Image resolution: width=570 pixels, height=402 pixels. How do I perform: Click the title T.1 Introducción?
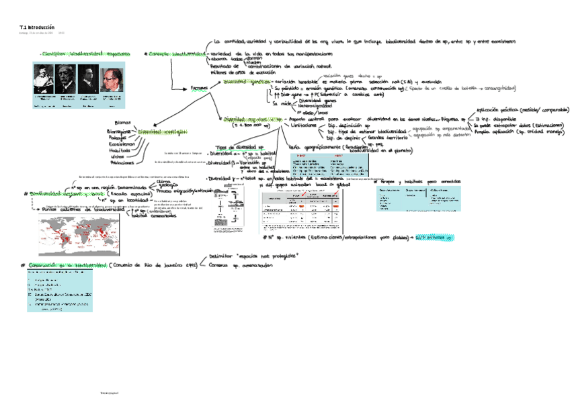tap(36, 27)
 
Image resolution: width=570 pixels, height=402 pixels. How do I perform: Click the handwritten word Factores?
tap(199, 88)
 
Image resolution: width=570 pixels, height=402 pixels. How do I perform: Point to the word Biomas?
tap(123, 123)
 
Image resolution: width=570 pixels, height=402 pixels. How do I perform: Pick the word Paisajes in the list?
tap(120, 138)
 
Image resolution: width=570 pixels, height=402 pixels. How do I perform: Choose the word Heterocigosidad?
tap(317, 106)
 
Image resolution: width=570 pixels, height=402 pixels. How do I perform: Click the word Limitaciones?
tap(303, 125)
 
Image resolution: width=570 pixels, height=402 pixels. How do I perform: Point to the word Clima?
tap(163, 181)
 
